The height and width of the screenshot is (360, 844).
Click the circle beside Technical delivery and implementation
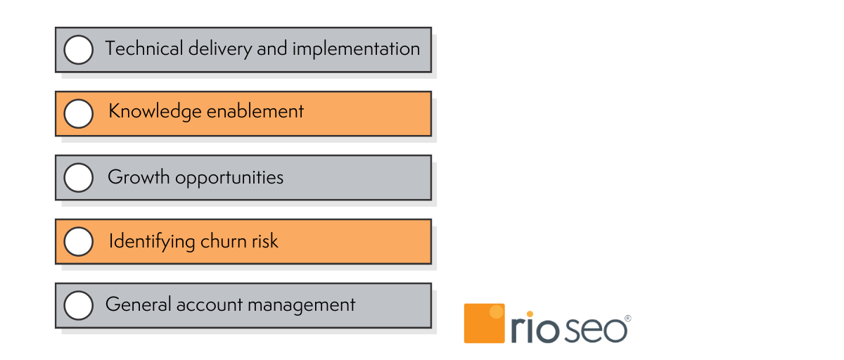pos(78,50)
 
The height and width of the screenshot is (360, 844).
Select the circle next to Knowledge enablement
pos(78,114)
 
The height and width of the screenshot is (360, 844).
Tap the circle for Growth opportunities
pos(78,177)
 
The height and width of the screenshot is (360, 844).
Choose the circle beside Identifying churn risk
pos(78,241)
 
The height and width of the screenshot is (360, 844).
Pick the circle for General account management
pos(78,305)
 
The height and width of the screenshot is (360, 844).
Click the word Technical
pos(144,49)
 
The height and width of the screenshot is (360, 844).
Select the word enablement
pos(255,112)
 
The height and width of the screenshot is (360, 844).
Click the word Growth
pos(139,176)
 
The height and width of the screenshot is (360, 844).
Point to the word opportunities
pos(229,178)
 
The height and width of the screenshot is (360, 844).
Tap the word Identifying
pos(152,242)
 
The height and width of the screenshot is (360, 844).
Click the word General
pos(139,304)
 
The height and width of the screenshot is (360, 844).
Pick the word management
pos(302,305)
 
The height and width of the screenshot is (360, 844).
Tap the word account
pos(210,305)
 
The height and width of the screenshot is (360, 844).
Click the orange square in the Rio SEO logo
pos(484,323)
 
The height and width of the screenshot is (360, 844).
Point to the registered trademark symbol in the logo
pos(627,319)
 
